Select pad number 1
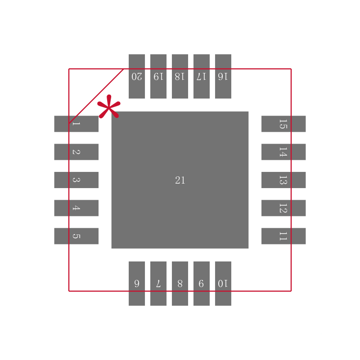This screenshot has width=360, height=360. coord(76,124)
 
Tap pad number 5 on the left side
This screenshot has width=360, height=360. coord(76,236)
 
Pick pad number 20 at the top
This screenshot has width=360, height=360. coord(137,76)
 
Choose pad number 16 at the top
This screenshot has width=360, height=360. coord(223,76)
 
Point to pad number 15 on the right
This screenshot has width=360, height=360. coord(283,124)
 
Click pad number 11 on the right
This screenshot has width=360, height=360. coord(283,236)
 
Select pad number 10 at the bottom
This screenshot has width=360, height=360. coord(223,283)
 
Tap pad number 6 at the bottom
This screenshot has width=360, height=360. coord(137,283)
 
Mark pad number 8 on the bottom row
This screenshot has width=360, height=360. coord(180,283)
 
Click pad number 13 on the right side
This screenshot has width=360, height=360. coord(283,180)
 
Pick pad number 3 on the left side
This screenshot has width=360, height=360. coord(76,180)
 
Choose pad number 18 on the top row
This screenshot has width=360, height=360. coord(180,76)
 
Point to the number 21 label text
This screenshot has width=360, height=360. coord(180,180)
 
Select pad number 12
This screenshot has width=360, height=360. coord(283,208)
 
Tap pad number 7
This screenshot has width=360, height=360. coord(158,283)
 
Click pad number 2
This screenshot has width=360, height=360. coord(76,152)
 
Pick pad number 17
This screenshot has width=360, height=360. coord(202,76)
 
